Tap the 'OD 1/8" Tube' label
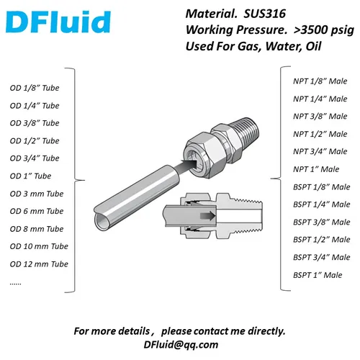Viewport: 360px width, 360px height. pos(35,89)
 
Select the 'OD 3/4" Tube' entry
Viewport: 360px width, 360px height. pos(35,158)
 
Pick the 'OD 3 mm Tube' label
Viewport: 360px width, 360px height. pos(37,194)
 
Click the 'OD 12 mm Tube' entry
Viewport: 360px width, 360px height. pos(39,264)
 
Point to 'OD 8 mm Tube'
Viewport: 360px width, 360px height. pos(37,229)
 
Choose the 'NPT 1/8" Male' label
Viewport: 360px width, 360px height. pos(318,81)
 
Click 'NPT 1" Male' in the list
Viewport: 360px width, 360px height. pos(315,169)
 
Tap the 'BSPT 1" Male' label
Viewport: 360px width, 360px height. pos(318,275)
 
